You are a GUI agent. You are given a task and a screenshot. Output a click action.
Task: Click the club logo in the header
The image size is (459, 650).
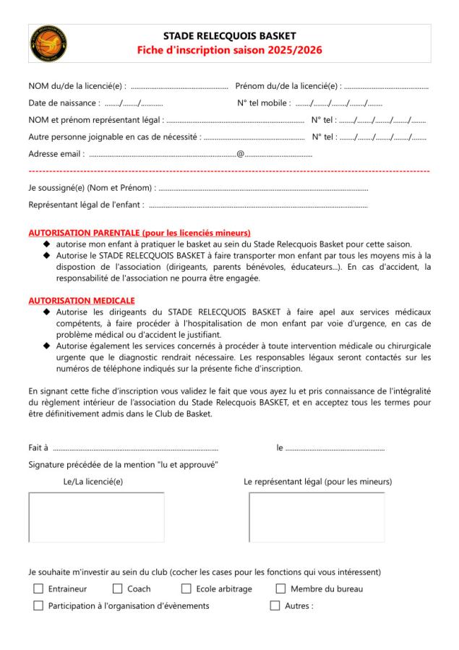(48, 43)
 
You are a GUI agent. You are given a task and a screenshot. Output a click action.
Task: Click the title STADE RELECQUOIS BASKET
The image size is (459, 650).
(229, 35)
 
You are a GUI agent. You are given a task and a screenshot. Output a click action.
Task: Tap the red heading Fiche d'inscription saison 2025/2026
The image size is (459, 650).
(229, 51)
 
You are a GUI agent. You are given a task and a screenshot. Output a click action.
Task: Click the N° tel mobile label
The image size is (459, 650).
(264, 103)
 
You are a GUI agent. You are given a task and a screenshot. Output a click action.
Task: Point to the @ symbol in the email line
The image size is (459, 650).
(240, 153)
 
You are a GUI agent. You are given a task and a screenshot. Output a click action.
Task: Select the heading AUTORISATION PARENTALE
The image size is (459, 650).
(140, 233)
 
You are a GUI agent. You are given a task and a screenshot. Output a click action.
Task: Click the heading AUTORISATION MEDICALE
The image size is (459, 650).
(82, 300)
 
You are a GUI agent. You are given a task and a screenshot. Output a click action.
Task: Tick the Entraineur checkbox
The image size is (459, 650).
(38, 589)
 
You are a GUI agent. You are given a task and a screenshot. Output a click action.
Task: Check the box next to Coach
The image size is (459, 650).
(117, 589)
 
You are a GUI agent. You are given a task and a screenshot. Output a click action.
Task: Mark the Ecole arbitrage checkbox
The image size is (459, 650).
(186, 589)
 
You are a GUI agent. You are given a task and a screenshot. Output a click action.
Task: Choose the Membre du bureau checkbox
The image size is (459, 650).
(280, 589)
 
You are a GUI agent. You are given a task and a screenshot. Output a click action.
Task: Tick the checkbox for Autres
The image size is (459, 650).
(275, 606)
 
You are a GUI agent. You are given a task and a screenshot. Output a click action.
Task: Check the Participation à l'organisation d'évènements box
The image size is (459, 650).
(38, 606)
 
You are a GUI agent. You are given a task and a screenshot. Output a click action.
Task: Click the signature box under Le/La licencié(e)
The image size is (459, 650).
(96, 517)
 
